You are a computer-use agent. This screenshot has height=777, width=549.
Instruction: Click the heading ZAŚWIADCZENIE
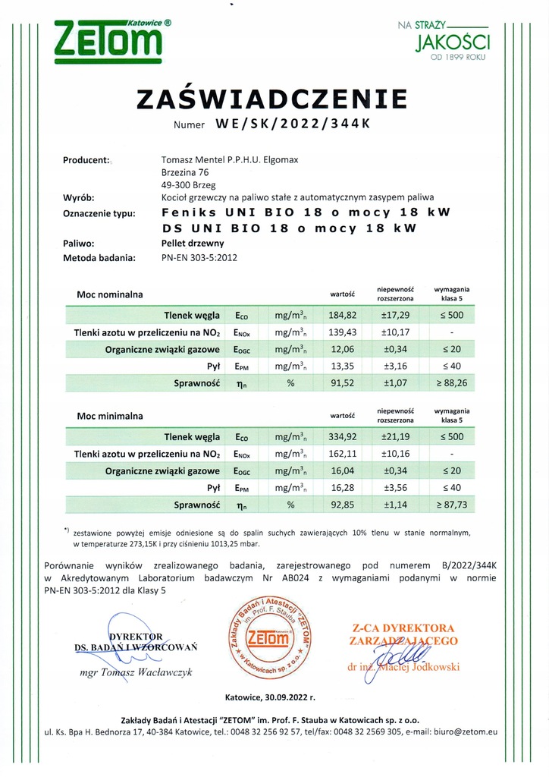click(271, 99)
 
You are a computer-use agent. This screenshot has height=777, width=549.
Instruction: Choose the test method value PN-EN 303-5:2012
click(199, 258)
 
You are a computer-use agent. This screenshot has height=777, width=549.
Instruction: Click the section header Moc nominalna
click(109, 293)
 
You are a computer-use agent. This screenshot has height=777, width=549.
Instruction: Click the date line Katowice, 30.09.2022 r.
click(270, 696)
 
